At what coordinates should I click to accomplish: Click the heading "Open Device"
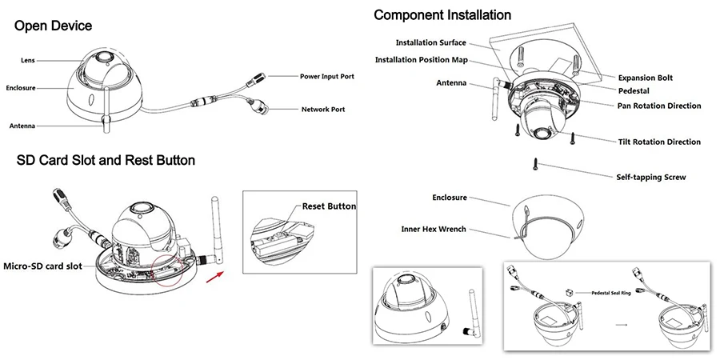[x=54, y=26]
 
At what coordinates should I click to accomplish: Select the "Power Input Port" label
[x=327, y=76]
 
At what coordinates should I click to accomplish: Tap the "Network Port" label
[x=323, y=110]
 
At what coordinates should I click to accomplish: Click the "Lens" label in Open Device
[x=27, y=60]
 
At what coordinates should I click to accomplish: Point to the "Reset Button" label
[x=329, y=206]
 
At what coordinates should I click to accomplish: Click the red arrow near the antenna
[x=214, y=277]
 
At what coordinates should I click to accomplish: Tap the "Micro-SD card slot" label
[x=42, y=266]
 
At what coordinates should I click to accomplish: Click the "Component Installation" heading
[x=442, y=14]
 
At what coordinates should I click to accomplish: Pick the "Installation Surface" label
[x=430, y=42]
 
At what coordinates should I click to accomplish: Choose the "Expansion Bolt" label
[x=645, y=78]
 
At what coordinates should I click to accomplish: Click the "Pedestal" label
[x=634, y=91]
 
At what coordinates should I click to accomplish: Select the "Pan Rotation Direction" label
[x=659, y=106]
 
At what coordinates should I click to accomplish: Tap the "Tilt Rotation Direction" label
[x=659, y=142]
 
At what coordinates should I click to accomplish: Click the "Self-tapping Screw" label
[x=651, y=177]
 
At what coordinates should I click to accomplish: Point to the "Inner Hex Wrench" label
[x=434, y=229]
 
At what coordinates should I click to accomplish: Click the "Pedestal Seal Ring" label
[x=611, y=293]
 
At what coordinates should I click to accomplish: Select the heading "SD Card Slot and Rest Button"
[x=106, y=160]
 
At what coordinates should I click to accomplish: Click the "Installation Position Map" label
[x=421, y=60]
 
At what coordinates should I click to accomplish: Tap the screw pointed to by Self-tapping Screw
[x=535, y=164]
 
